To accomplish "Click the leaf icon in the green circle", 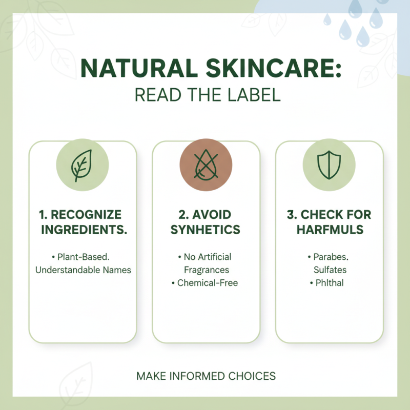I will [82, 165].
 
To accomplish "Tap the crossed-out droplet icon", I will [206, 165].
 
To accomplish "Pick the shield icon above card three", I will [329, 165].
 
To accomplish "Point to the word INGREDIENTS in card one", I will [84, 229].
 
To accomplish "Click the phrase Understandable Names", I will [83, 270].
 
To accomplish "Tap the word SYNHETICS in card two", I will [206, 229].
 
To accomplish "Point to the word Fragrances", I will [205, 270].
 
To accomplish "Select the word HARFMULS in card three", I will [330, 229].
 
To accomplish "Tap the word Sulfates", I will [330, 270].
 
